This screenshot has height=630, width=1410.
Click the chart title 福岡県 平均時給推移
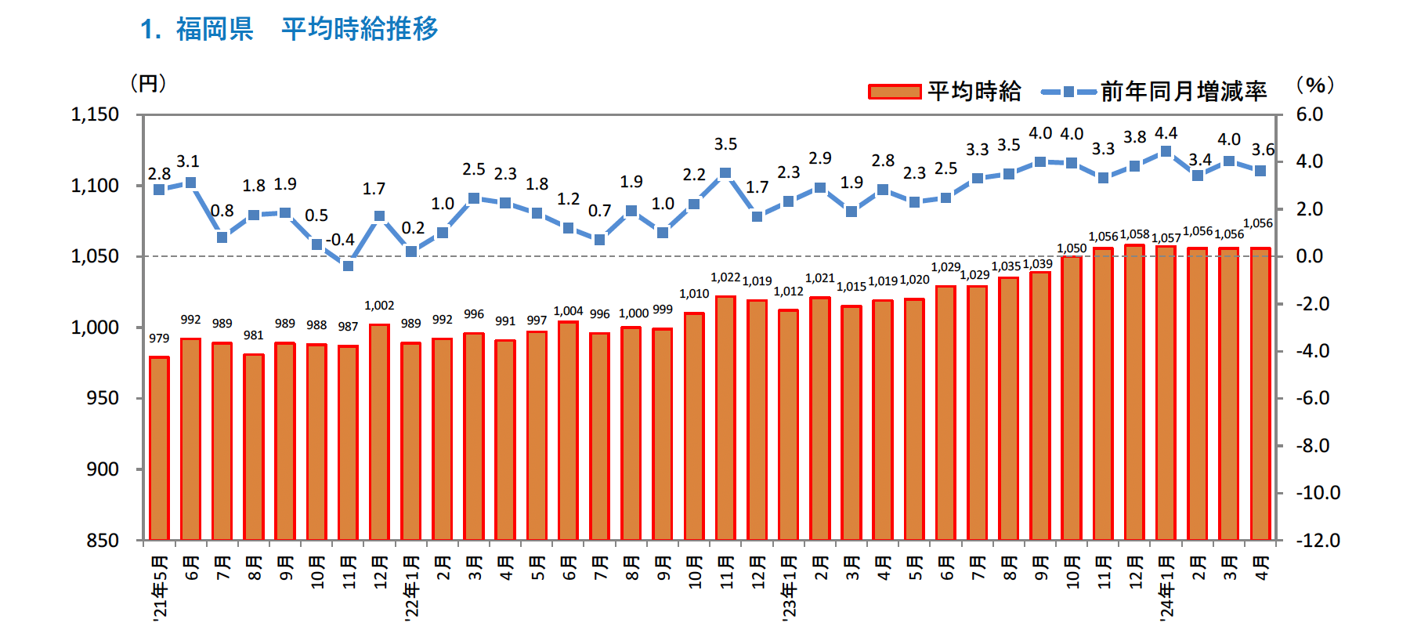(x=288, y=29)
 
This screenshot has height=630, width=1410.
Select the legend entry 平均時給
(x=945, y=92)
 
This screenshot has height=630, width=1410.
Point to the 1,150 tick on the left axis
(x=95, y=115)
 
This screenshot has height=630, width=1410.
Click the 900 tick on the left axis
(x=103, y=469)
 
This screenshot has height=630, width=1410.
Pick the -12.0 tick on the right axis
(x=1318, y=541)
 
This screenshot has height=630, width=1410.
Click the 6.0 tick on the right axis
(x=1309, y=115)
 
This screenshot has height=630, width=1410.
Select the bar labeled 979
(x=159, y=448)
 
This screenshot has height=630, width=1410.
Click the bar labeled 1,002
(x=379, y=432)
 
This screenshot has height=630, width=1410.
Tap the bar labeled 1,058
(x=1134, y=392)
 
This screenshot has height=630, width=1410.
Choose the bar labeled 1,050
(x=1072, y=398)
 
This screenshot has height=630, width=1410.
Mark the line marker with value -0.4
(x=348, y=266)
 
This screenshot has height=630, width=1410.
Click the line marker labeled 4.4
(x=1166, y=152)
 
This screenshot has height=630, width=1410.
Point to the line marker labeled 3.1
(x=190, y=183)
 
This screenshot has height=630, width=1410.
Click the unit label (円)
(x=148, y=83)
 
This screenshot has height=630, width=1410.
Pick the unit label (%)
(x=1315, y=85)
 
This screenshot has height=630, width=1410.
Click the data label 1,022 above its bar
(x=725, y=277)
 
